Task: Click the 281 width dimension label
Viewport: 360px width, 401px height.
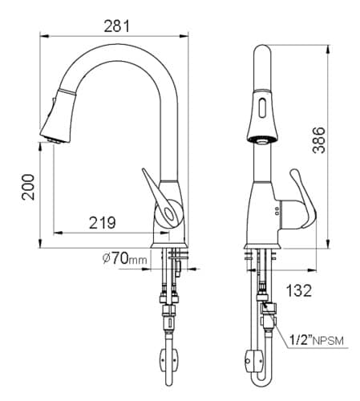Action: coord(116,26)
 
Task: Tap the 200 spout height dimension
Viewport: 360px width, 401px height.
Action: coord(28,187)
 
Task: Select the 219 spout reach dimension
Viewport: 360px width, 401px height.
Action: coord(103,223)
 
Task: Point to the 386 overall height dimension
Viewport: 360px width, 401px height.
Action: coord(319,140)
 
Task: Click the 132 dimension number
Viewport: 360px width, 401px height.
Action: coord(299,290)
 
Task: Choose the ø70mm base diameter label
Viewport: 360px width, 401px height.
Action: coord(125,258)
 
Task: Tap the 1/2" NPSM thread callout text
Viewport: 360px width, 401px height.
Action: coord(316,340)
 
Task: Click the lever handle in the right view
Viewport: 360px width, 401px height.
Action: coord(303,199)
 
